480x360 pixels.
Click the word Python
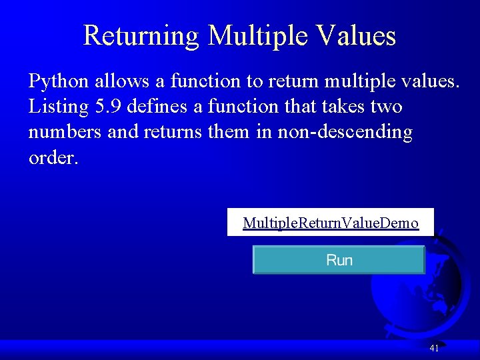pyautogui.click(x=59, y=82)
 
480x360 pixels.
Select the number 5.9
pyautogui.click(x=103, y=107)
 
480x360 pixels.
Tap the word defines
pyautogui.click(x=156, y=107)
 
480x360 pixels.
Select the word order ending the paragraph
pyautogui.click(x=53, y=158)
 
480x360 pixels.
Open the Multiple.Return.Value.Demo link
pyautogui.click(x=331, y=223)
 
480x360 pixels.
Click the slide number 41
pyautogui.click(x=434, y=348)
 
